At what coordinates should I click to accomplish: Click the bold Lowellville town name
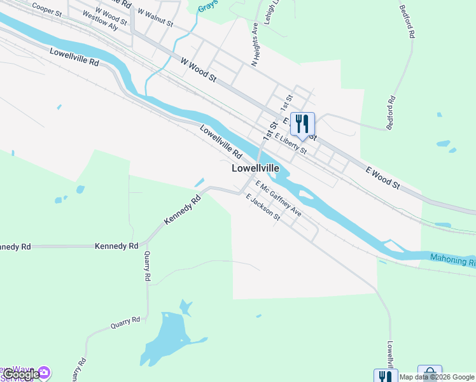coord(255,169)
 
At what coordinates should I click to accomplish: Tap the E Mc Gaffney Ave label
coord(278,198)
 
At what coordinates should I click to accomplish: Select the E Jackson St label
coord(263,206)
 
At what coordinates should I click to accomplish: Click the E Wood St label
coord(382,178)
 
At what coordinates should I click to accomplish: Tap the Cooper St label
coord(46,8)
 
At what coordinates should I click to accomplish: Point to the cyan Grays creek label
coord(207,6)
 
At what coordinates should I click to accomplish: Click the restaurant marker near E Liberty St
coord(302,124)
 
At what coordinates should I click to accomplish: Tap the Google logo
coord(20,375)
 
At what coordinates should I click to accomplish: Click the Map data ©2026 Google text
coord(437,377)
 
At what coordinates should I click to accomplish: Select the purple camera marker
coord(44,372)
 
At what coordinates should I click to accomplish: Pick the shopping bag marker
coord(430,372)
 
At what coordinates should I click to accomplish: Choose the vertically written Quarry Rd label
coord(147,265)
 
